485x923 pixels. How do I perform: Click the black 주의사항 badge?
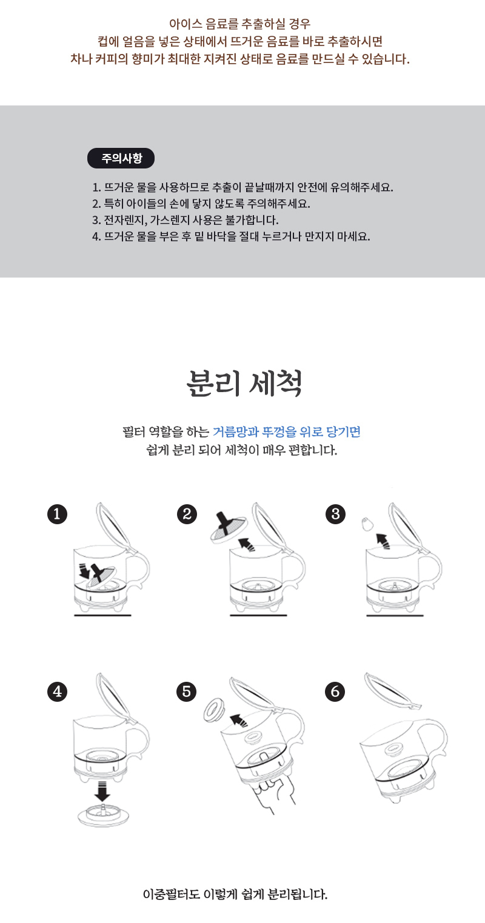[x=121, y=158]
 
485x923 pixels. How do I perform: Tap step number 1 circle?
[x=57, y=515]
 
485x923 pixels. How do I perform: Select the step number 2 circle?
[x=187, y=515]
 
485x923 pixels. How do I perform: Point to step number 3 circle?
[x=335, y=515]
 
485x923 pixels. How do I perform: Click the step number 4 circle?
[x=57, y=691]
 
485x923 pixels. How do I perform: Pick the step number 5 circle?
[x=187, y=691]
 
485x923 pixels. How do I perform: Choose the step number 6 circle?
[x=335, y=691]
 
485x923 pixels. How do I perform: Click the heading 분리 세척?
[x=244, y=383]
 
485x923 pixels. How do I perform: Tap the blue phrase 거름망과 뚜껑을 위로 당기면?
[x=286, y=432]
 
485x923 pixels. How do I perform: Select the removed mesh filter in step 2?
[x=229, y=528]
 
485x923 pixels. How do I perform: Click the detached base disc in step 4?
[x=104, y=814]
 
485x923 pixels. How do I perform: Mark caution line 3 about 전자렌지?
[x=185, y=220]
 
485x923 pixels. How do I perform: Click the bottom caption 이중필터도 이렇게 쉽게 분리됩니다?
[x=235, y=895]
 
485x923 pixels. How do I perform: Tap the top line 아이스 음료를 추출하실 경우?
[x=240, y=24]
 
